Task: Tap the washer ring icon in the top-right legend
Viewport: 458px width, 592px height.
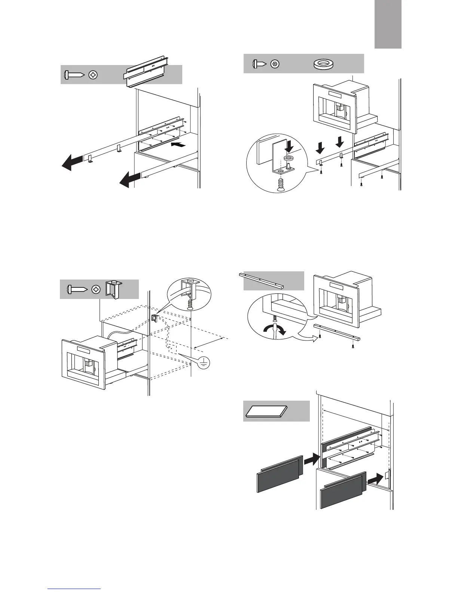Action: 324,64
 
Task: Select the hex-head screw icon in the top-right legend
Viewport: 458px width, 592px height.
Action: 275,64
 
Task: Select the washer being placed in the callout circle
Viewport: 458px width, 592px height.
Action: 288,159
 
